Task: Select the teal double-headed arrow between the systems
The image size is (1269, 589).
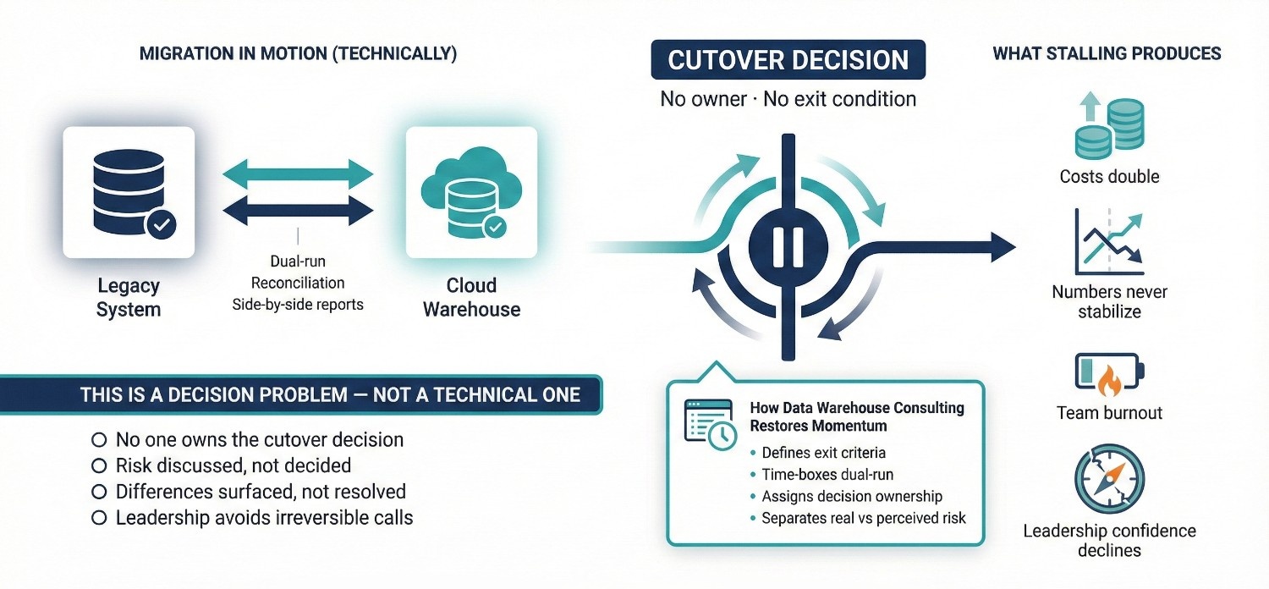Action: (x=298, y=174)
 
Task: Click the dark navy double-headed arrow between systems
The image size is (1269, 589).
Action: (x=298, y=208)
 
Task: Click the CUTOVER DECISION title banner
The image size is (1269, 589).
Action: (x=788, y=61)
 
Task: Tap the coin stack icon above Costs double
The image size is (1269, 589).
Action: (x=1108, y=127)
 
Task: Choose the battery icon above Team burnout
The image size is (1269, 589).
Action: (x=1109, y=373)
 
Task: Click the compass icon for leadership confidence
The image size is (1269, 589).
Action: (x=1109, y=480)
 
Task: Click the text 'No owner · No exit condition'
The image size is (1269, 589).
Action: (x=788, y=99)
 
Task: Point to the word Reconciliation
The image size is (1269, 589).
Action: (x=298, y=282)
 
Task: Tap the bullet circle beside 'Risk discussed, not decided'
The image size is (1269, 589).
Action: (x=98, y=465)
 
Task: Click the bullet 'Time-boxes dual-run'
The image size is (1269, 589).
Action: (x=827, y=475)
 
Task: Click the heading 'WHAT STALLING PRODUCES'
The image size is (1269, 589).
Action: (x=1107, y=54)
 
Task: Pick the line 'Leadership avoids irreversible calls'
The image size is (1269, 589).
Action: (x=264, y=517)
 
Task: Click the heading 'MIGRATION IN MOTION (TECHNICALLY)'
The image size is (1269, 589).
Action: (x=298, y=54)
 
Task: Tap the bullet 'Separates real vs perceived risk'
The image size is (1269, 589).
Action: (x=864, y=518)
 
